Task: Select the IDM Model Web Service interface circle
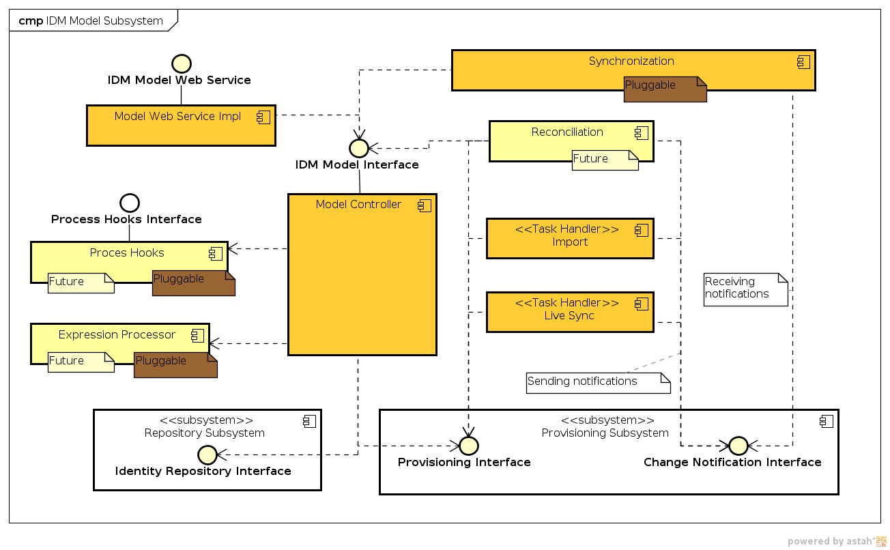(181, 64)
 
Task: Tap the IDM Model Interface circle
(358, 148)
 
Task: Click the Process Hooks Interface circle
(129, 203)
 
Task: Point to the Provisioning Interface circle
(468, 446)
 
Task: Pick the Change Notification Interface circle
(738, 446)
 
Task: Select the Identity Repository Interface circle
(207, 454)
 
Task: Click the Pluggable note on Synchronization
(664, 89)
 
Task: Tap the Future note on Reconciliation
(605, 160)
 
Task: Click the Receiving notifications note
(745, 289)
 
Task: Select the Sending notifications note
(598, 383)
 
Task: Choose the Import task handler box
(570, 238)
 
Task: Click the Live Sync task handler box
(570, 312)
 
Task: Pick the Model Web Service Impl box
(181, 125)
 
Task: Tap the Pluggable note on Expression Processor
(175, 365)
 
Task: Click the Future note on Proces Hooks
(81, 283)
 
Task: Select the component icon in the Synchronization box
(803, 62)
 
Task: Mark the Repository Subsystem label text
(204, 433)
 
